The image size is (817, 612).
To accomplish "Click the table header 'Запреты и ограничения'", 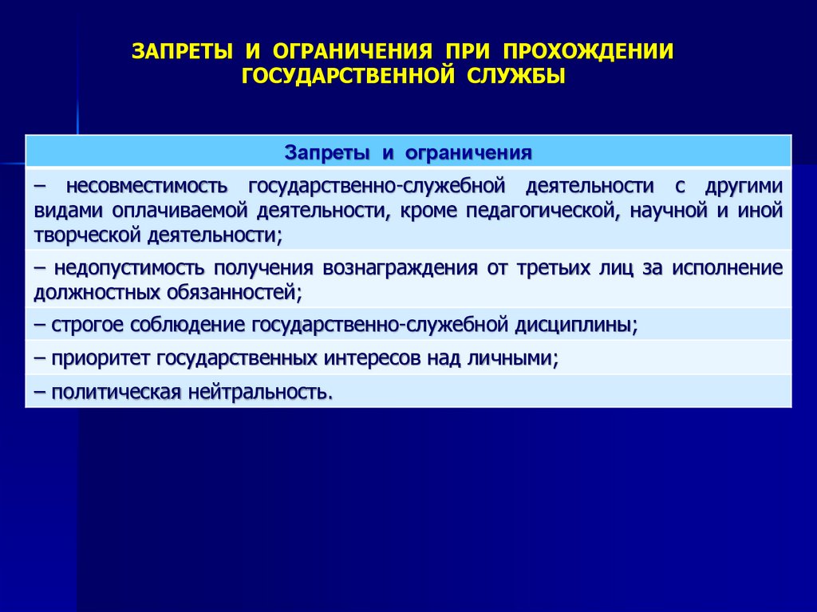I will tap(408, 151).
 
